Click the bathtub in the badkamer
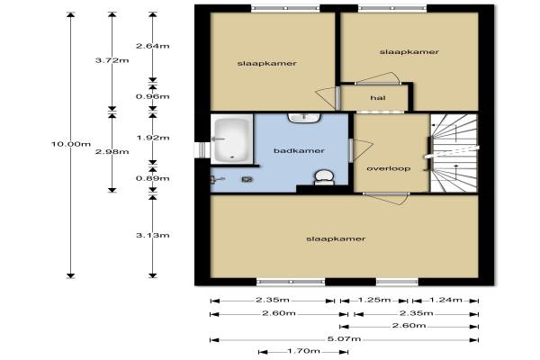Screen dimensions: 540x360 (232, 139)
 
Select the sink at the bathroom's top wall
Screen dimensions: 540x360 (304, 118)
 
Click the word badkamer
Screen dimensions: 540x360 (299, 150)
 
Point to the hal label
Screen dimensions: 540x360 (378, 98)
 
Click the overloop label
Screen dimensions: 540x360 (389, 168)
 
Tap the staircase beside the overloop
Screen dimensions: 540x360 (454, 153)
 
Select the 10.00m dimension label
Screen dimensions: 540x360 (71, 144)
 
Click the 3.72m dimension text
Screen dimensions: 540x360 (112, 60)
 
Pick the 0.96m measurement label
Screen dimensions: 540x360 (153, 96)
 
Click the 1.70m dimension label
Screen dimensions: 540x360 (303, 351)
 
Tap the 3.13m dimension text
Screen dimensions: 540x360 (153, 235)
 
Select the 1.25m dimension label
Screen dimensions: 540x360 (374, 300)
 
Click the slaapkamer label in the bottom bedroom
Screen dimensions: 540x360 (336, 238)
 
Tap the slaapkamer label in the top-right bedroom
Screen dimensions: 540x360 (409, 51)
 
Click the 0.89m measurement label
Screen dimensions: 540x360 (153, 178)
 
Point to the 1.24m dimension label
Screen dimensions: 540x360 (445, 300)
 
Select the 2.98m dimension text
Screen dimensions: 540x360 (112, 151)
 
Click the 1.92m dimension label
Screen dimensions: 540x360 (153, 138)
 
